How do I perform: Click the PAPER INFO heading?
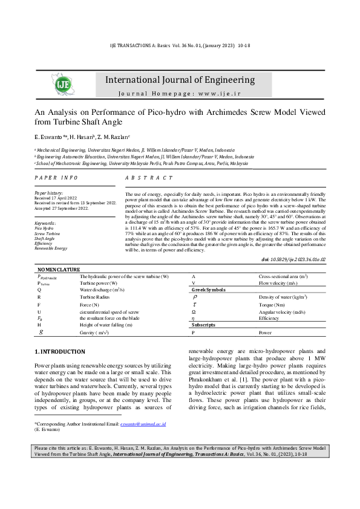[x=56, y=178]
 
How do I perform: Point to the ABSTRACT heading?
[x=149, y=178]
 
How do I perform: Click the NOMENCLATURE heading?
[x=59, y=268]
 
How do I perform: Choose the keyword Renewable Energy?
[x=51, y=248]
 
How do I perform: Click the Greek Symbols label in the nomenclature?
[x=208, y=290]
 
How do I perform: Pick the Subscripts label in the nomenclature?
[x=204, y=325]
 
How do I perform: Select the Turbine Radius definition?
[x=96, y=297]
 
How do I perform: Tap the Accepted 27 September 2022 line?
[x=62, y=208]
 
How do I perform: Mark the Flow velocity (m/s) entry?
[x=278, y=282]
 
